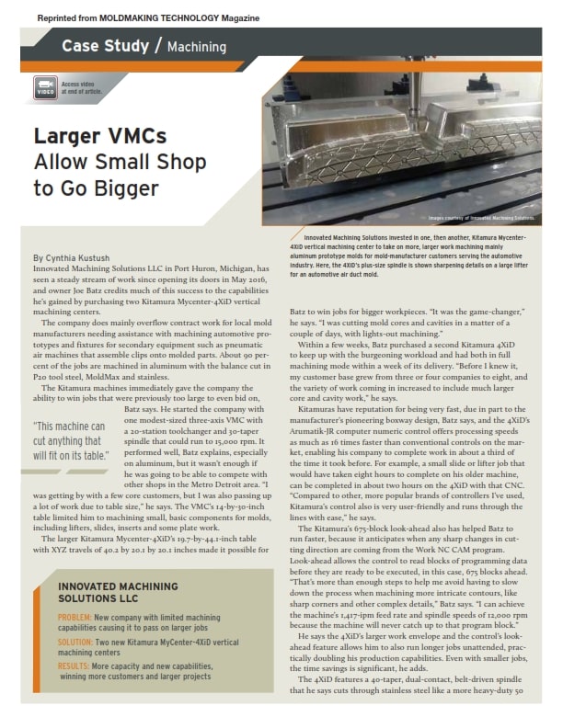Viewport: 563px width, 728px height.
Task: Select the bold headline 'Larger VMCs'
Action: (100, 137)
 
